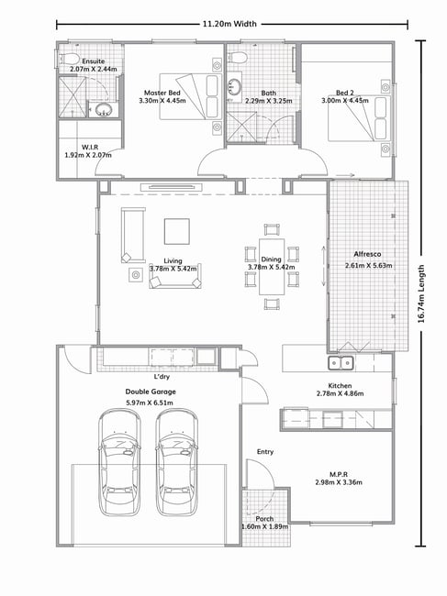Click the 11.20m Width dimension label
[x=229, y=24]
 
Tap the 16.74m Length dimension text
[x=421, y=293]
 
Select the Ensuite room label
[x=94, y=61]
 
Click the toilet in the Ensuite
[x=68, y=59]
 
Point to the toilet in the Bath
[x=237, y=57]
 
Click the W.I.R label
[x=90, y=148]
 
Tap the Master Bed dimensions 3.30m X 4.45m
[x=162, y=101]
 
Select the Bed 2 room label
[x=345, y=93]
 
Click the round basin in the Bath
[x=234, y=86]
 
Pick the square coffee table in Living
[x=177, y=231]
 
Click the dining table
[x=272, y=266]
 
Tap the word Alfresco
[x=367, y=254]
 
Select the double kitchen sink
[x=341, y=363]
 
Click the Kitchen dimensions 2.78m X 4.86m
[x=341, y=393]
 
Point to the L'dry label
[x=162, y=377]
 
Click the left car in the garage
[x=119, y=462]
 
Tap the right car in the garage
[x=177, y=462]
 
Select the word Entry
[x=265, y=451]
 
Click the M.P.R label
[x=339, y=474]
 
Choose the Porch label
[x=264, y=519]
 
